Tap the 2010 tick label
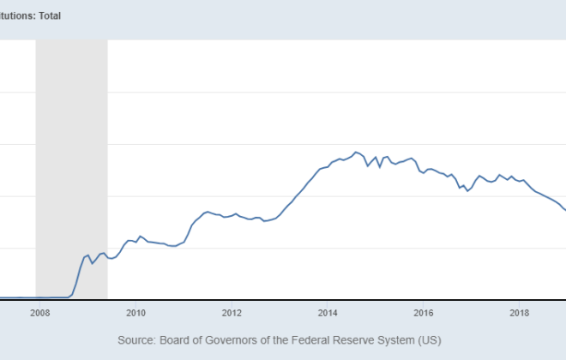pyautogui.click(x=136, y=313)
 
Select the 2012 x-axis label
pyautogui.click(x=232, y=313)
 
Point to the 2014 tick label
pyautogui.click(x=328, y=313)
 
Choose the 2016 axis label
pyautogui.click(x=424, y=313)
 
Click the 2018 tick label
pyautogui.click(x=519, y=313)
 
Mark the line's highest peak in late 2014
pyautogui.click(x=356, y=152)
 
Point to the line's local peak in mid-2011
pyautogui.click(x=206, y=211)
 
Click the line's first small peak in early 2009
pyautogui.click(x=87, y=255)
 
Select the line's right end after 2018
pyautogui.click(x=564, y=210)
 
